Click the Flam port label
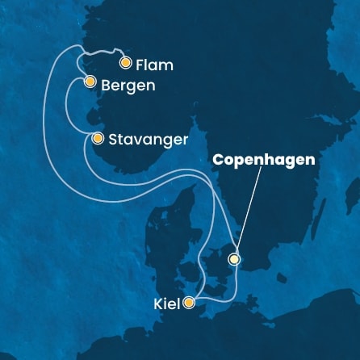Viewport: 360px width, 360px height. pyautogui.click(x=156, y=63)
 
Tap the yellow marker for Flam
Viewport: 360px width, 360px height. pyautogui.click(x=125, y=62)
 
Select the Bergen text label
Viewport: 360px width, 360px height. pyautogui.click(x=126, y=83)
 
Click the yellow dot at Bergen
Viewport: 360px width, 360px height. pyautogui.click(x=90, y=82)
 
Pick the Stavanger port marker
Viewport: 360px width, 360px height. pyautogui.click(x=98, y=139)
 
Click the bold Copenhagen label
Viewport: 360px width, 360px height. pyautogui.click(x=263, y=160)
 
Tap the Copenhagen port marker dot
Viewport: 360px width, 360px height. pyautogui.click(x=234, y=259)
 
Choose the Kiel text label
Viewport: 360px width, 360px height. pyautogui.click(x=166, y=304)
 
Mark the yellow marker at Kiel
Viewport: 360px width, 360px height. pyautogui.click(x=189, y=303)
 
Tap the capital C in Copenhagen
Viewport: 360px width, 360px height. pyautogui.click(x=218, y=160)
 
